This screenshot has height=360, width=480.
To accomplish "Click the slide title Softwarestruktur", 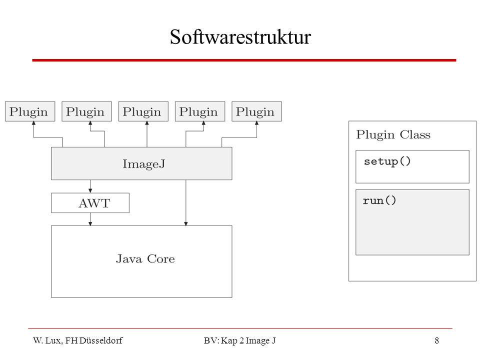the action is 240,37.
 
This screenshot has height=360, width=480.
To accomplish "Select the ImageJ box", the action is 141,163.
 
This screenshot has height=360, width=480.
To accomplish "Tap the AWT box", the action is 90,202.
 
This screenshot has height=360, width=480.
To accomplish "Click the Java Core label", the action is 145,259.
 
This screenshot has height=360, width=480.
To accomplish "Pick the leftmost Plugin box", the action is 30,111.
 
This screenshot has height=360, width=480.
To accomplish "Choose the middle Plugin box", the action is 143,111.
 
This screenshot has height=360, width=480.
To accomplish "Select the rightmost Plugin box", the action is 256,111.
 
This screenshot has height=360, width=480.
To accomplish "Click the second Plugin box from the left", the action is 86,111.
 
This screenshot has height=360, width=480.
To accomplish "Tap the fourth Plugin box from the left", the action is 200,111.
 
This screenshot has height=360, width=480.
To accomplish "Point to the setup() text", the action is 387,161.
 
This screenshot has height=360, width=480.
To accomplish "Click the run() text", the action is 379,200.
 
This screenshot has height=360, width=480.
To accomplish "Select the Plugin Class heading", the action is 393,134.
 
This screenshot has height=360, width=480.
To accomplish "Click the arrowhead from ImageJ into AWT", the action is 90,190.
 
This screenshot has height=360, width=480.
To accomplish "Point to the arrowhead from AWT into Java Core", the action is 90,223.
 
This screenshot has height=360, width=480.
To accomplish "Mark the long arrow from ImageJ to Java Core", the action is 186,202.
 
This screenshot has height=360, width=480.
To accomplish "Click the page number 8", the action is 437,340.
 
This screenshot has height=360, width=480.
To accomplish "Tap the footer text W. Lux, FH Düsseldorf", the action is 78,340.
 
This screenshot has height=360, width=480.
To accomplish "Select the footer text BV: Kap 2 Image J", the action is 239,340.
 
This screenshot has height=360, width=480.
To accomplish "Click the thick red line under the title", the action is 244,60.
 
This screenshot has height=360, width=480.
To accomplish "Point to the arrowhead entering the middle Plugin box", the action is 147,123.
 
